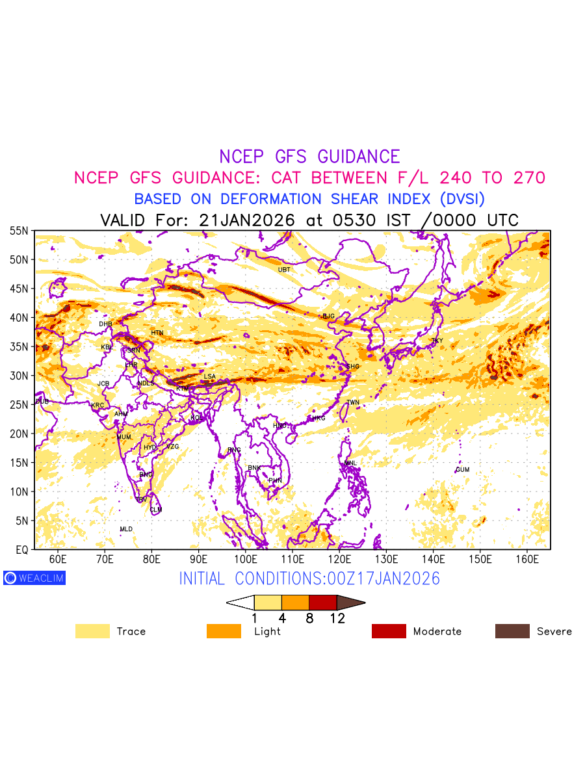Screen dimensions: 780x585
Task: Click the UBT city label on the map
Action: point(284,270)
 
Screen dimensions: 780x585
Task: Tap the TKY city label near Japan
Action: point(437,341)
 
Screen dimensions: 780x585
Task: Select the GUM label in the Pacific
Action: point(462,470)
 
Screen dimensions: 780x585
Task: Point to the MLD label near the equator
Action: point(126,530)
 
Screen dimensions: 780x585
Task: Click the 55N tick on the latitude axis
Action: point(19,231)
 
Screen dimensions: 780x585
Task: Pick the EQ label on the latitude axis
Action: point(21,550)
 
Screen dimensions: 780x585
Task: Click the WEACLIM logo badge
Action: point(34,578)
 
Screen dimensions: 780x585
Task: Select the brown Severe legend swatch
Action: point(512,631)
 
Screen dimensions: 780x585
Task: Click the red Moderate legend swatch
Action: point(389,631)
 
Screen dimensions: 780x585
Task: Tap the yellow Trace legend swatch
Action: point(92,631)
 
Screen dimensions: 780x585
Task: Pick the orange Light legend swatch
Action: point(224,631)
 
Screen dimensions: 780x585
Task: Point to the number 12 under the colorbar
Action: point(337,619)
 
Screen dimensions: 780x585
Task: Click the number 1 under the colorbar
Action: point(254,619)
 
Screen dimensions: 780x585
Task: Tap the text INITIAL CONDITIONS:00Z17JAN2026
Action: point(309,578)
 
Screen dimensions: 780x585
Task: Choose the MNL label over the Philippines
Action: point(351,463)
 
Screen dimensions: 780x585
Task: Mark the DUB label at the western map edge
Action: point(42,402)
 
